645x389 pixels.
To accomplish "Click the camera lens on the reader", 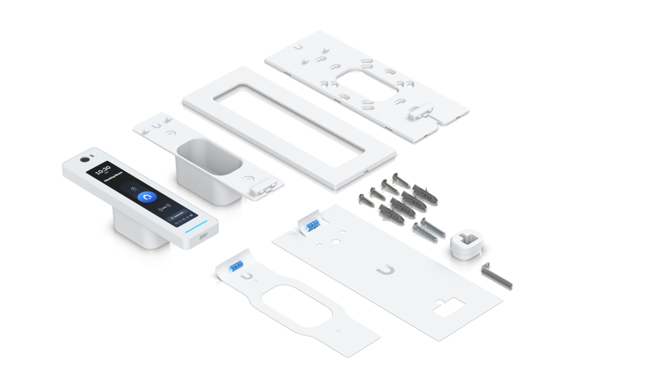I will (x=84, y=160).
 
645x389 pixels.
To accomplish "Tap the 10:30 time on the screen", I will (x=103, y=170).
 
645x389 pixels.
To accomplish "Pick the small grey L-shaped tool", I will (x=497, y=276).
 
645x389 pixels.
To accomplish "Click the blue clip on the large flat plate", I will (x=310, y=226).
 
